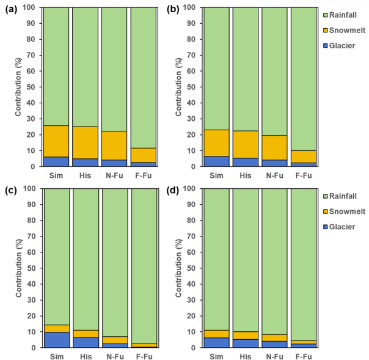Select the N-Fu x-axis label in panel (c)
click(114, 354)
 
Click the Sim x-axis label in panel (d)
click(216, 354)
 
